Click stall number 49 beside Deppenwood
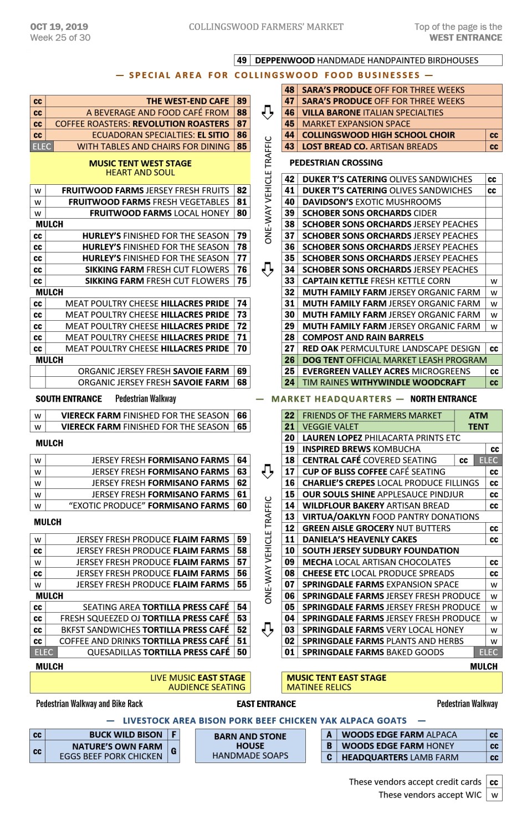point(242,60)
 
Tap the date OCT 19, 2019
point(59,27)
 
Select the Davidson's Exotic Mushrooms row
point(371,202)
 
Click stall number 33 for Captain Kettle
point(290,281)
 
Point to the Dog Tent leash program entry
point(394,360)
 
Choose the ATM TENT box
point(478,421)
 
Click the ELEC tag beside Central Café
point(488,460)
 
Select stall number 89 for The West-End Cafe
point(242,101)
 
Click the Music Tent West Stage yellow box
point(140,168)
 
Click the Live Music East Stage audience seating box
point(140,682)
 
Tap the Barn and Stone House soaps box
point(250,746)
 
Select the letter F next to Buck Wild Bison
point(174,734)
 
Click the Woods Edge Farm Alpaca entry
point(399,734)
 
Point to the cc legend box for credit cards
point(494,782)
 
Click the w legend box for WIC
point(494,795)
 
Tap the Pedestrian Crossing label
point(336,163)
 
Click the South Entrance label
point(69,398)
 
